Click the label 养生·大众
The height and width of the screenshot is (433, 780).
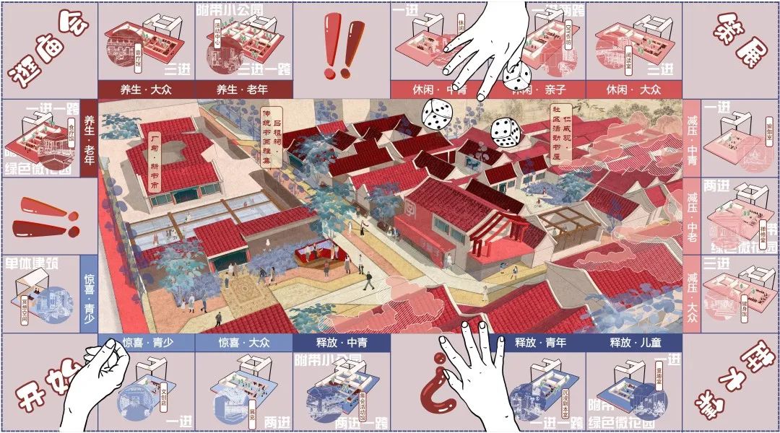coord(146,89)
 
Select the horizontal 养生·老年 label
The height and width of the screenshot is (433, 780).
coord(243,89)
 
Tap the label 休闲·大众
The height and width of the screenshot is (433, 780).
coord(633,89)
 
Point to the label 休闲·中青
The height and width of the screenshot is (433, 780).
coord(438,89)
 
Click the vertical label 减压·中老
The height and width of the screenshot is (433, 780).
coord(692,214)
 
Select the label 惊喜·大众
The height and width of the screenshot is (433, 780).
coord(243,342)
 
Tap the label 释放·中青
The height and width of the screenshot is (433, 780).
coord(341,342)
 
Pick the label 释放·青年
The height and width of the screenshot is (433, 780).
coord(536,342)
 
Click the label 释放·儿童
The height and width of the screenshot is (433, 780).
coord(633,342)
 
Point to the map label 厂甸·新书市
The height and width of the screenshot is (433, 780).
coord(155,160)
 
